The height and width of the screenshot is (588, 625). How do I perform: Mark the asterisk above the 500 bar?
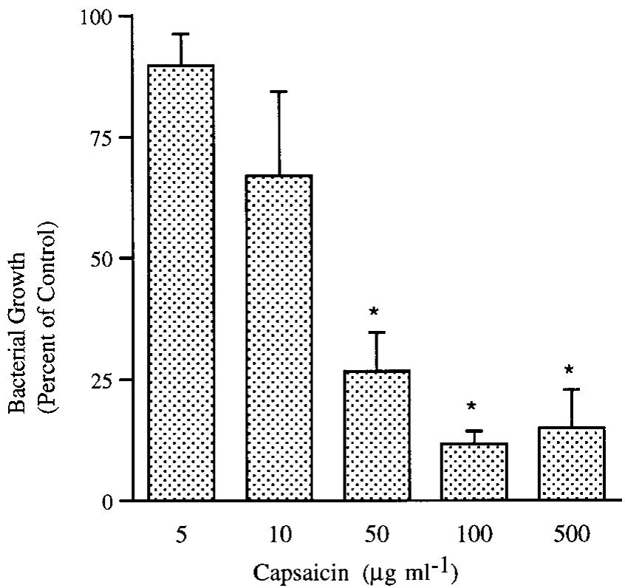click(x=570, y=369)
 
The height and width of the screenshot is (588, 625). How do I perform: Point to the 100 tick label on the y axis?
click(x=94, y=16)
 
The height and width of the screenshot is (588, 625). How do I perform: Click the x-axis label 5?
click(x=181, y=533)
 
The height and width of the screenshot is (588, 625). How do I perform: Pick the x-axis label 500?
click(x=570, y=533)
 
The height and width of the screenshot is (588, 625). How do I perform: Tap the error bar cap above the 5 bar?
click(x=181, y=34)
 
